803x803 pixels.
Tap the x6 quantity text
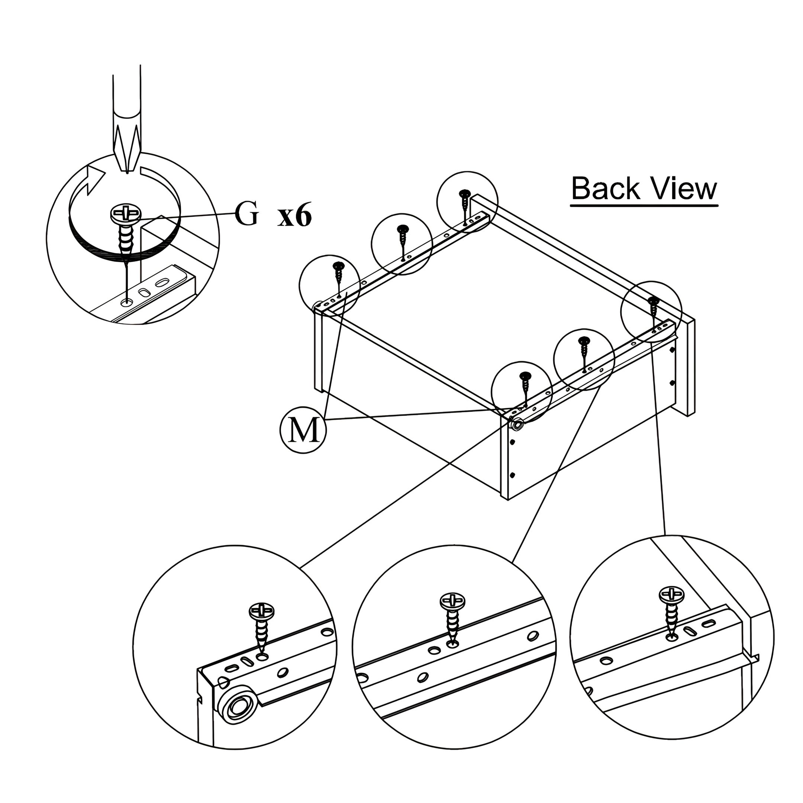point(294,216)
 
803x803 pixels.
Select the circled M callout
point(303,430)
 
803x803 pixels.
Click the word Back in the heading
point(606,188)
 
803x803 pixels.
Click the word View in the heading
point(684,188)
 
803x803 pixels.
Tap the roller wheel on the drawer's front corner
point(518,425)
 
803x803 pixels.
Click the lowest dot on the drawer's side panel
point(512,474)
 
